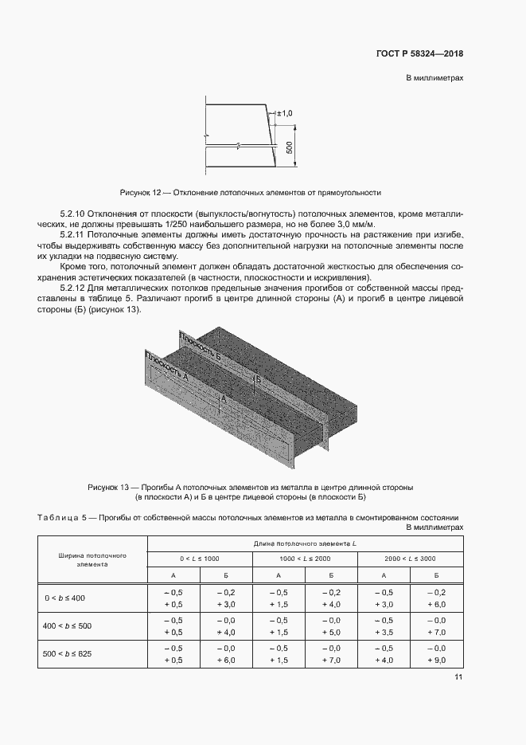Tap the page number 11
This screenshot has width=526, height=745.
(x=458, y=677)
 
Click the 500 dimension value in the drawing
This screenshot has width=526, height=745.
(x=290, y=148)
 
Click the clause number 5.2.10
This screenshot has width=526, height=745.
(x=77, y=215)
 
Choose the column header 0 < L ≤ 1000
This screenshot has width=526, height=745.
(x=199, y=559)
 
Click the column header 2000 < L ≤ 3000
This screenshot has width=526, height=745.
(x=410, y=559)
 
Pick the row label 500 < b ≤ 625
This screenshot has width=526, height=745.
(x=69, y=653)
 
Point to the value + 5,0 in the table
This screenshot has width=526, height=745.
(x=330, y=633)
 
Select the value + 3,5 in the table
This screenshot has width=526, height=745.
(x=384, y=633)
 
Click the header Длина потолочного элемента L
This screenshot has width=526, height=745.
(x=305, y=543)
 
